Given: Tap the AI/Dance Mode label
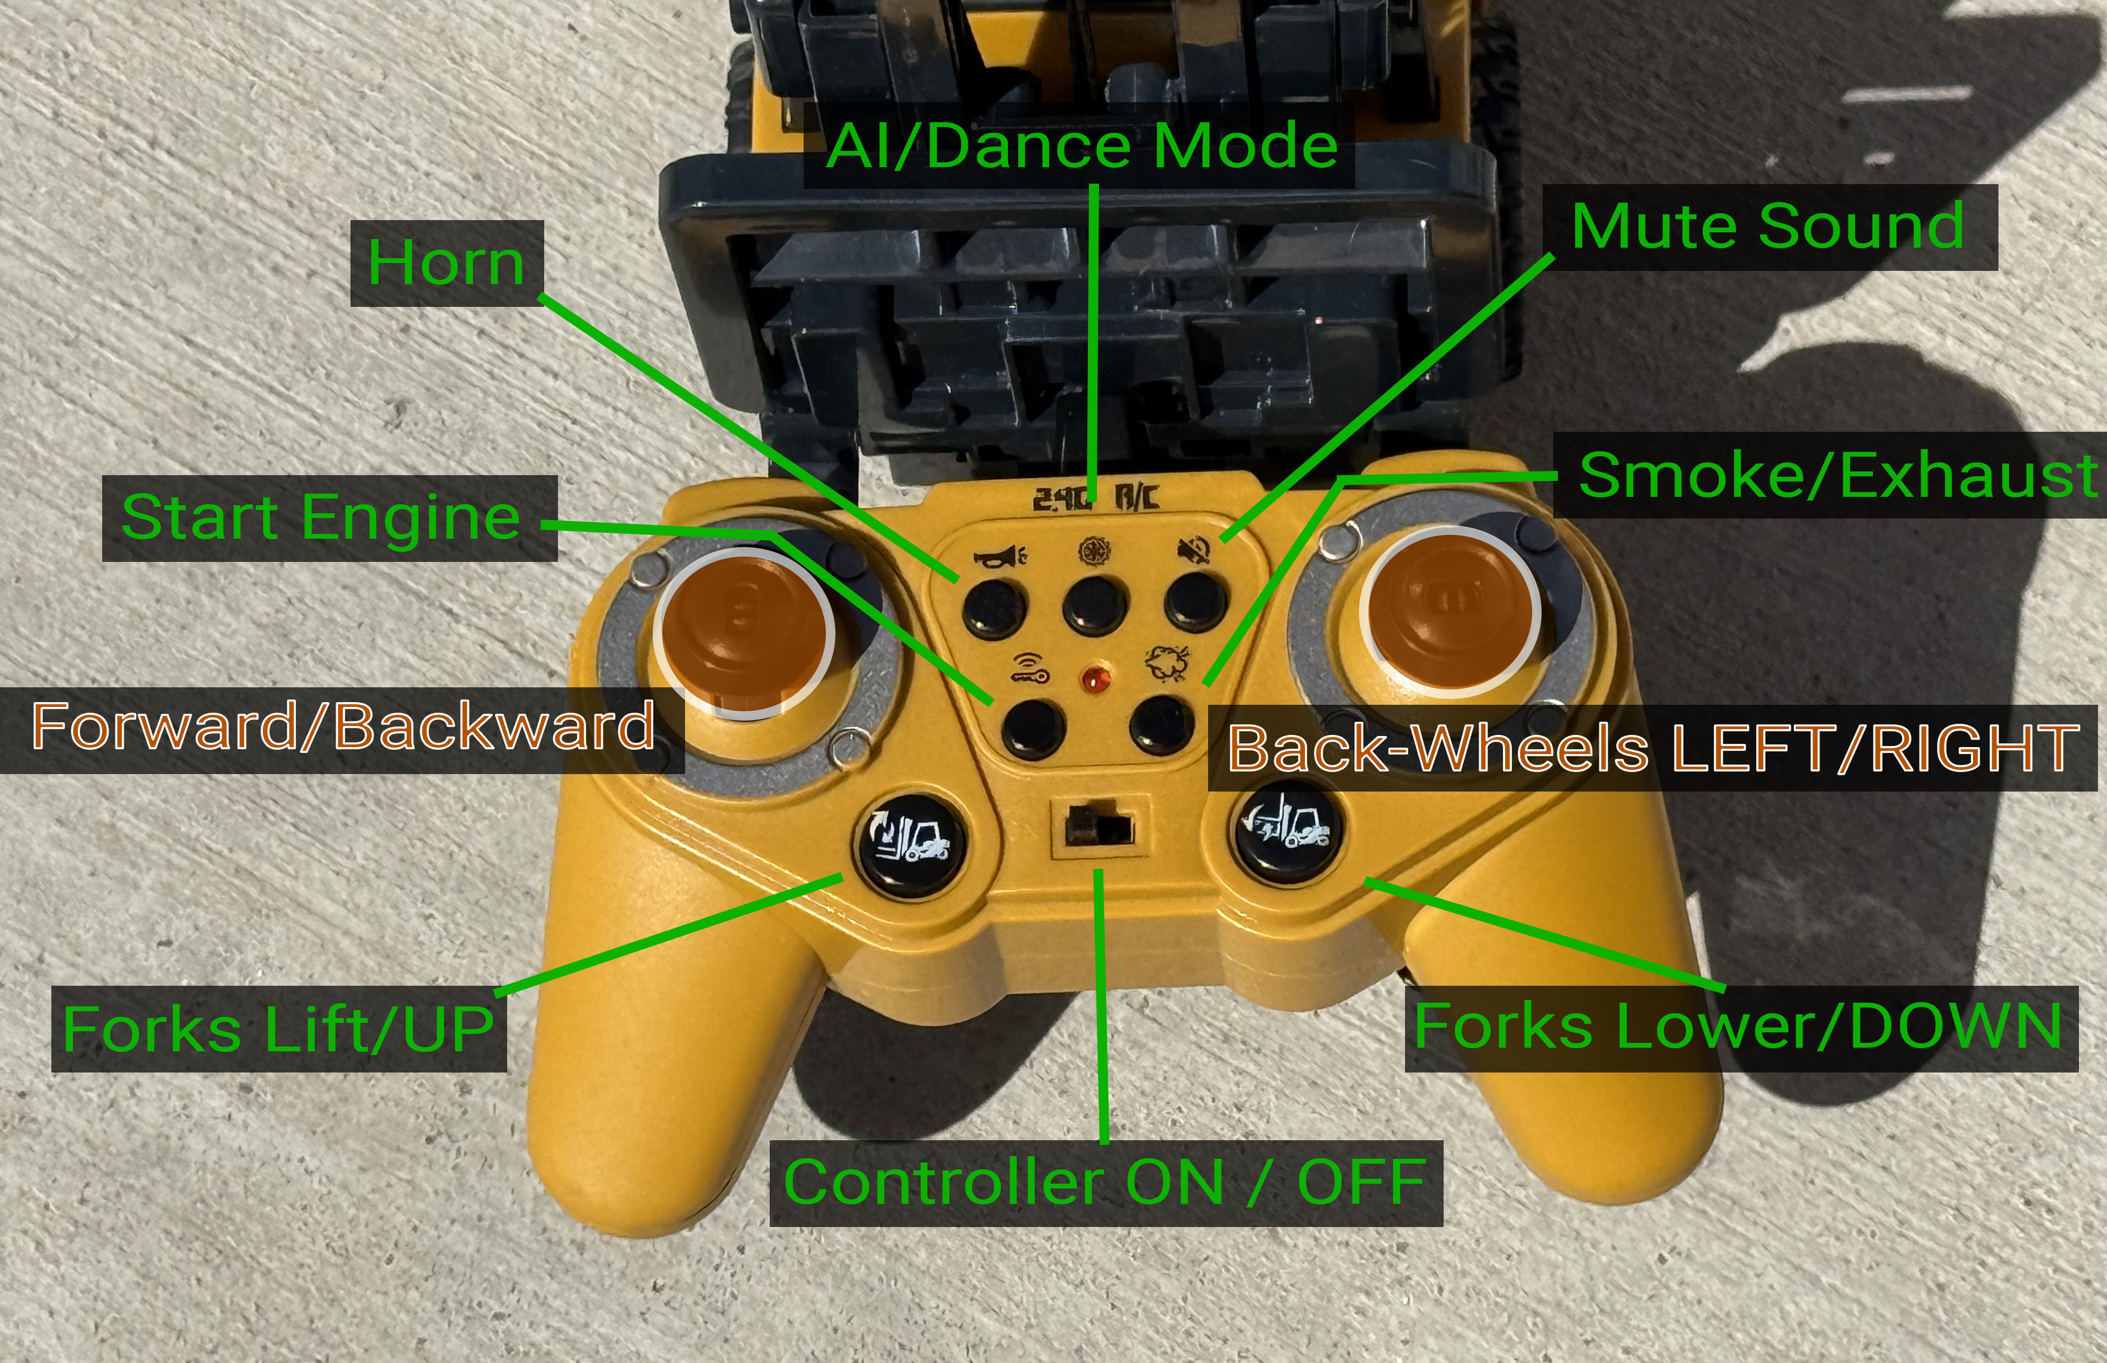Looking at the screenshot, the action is (1080, 146).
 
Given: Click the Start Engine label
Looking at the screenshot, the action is (329, 518).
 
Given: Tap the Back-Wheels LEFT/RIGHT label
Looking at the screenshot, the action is (1653, 748).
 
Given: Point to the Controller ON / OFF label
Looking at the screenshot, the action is (1106, 1183).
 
